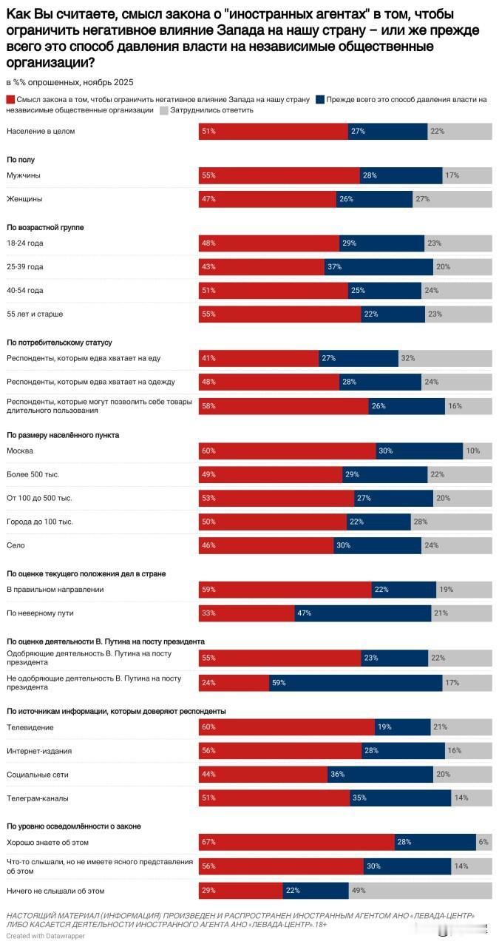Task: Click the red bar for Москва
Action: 287,451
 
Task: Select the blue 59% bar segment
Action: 355,681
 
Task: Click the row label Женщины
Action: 24,199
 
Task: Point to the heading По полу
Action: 21,159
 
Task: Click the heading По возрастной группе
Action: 44,227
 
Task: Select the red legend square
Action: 10,99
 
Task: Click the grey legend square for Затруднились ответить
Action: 163,109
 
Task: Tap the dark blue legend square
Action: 320,99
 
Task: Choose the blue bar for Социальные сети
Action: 380,774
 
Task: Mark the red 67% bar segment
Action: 296,842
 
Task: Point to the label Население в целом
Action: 41,131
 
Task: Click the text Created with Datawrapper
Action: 45,936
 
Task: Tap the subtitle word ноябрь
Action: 98,82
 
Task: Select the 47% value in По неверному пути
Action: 303,613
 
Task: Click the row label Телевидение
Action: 30,727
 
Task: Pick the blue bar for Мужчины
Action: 401,175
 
